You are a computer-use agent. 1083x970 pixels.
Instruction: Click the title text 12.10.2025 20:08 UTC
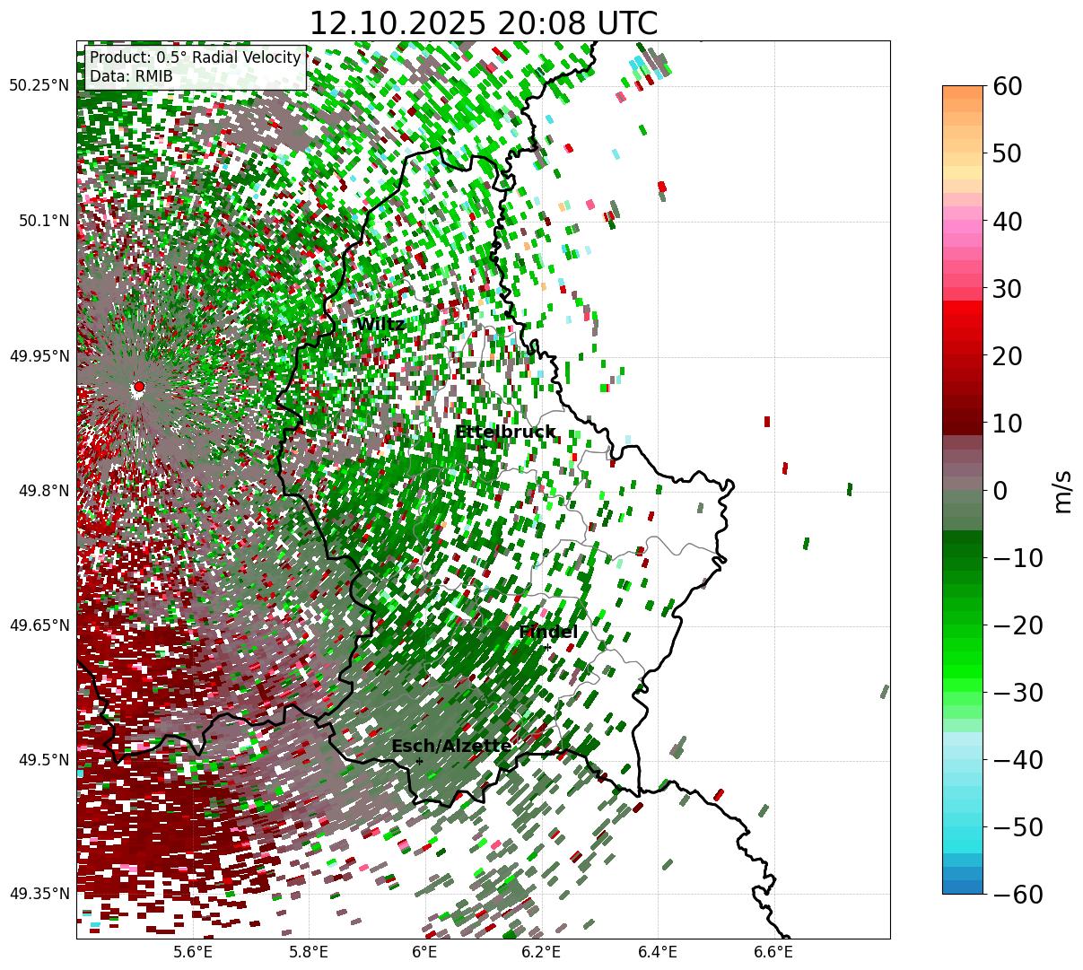(483, 23)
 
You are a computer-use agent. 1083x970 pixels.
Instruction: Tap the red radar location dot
(138, 387)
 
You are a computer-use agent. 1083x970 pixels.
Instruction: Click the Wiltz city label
(380, 325)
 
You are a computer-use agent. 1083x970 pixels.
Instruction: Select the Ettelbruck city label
(505, 433)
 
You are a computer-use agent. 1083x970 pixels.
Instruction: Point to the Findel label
(548, 633)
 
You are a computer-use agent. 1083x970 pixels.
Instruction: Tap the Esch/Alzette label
(451, 746)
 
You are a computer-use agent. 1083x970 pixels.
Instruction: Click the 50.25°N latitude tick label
(39, 86)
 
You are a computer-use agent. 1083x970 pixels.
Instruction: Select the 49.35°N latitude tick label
(39, 894)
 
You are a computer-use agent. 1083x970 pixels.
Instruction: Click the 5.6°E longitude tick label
(193, 952)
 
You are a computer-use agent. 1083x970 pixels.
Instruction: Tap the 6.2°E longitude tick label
(541, 952)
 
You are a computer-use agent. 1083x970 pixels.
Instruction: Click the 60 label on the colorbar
(1009, 86)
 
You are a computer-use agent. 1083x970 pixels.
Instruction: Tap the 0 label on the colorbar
(1000, 491)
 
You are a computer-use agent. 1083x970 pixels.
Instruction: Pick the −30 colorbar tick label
(1018, 693)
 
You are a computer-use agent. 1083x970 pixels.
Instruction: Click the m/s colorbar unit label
(1063, 491)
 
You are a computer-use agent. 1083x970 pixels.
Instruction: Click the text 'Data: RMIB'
(131, 76)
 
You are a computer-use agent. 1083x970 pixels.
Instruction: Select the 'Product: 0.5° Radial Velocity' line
(196, 57)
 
